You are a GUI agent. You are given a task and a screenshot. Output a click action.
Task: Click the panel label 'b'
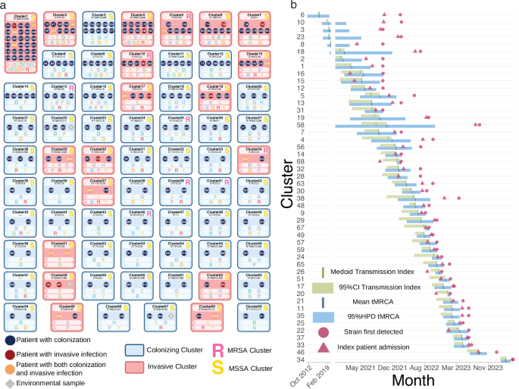pos(293,5)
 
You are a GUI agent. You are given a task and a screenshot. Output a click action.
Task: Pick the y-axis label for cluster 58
pos(301,124)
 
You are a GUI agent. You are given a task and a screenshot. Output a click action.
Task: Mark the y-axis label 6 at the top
pos(303,15)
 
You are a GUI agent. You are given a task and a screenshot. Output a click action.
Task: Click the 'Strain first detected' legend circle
pos(324,331)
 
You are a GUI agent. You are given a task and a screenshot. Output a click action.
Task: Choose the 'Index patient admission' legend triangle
pos(324,347)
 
